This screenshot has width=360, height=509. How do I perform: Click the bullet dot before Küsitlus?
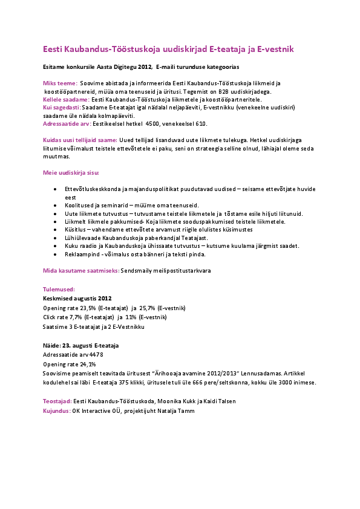56,230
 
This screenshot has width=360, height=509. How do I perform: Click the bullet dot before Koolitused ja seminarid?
56,206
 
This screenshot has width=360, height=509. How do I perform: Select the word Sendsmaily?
136,271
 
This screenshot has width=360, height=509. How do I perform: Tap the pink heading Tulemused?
59,290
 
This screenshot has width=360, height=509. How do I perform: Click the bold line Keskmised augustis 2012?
77,299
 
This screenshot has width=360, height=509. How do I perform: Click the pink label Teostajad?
57,401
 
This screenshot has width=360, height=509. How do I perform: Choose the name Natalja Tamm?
177,410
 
